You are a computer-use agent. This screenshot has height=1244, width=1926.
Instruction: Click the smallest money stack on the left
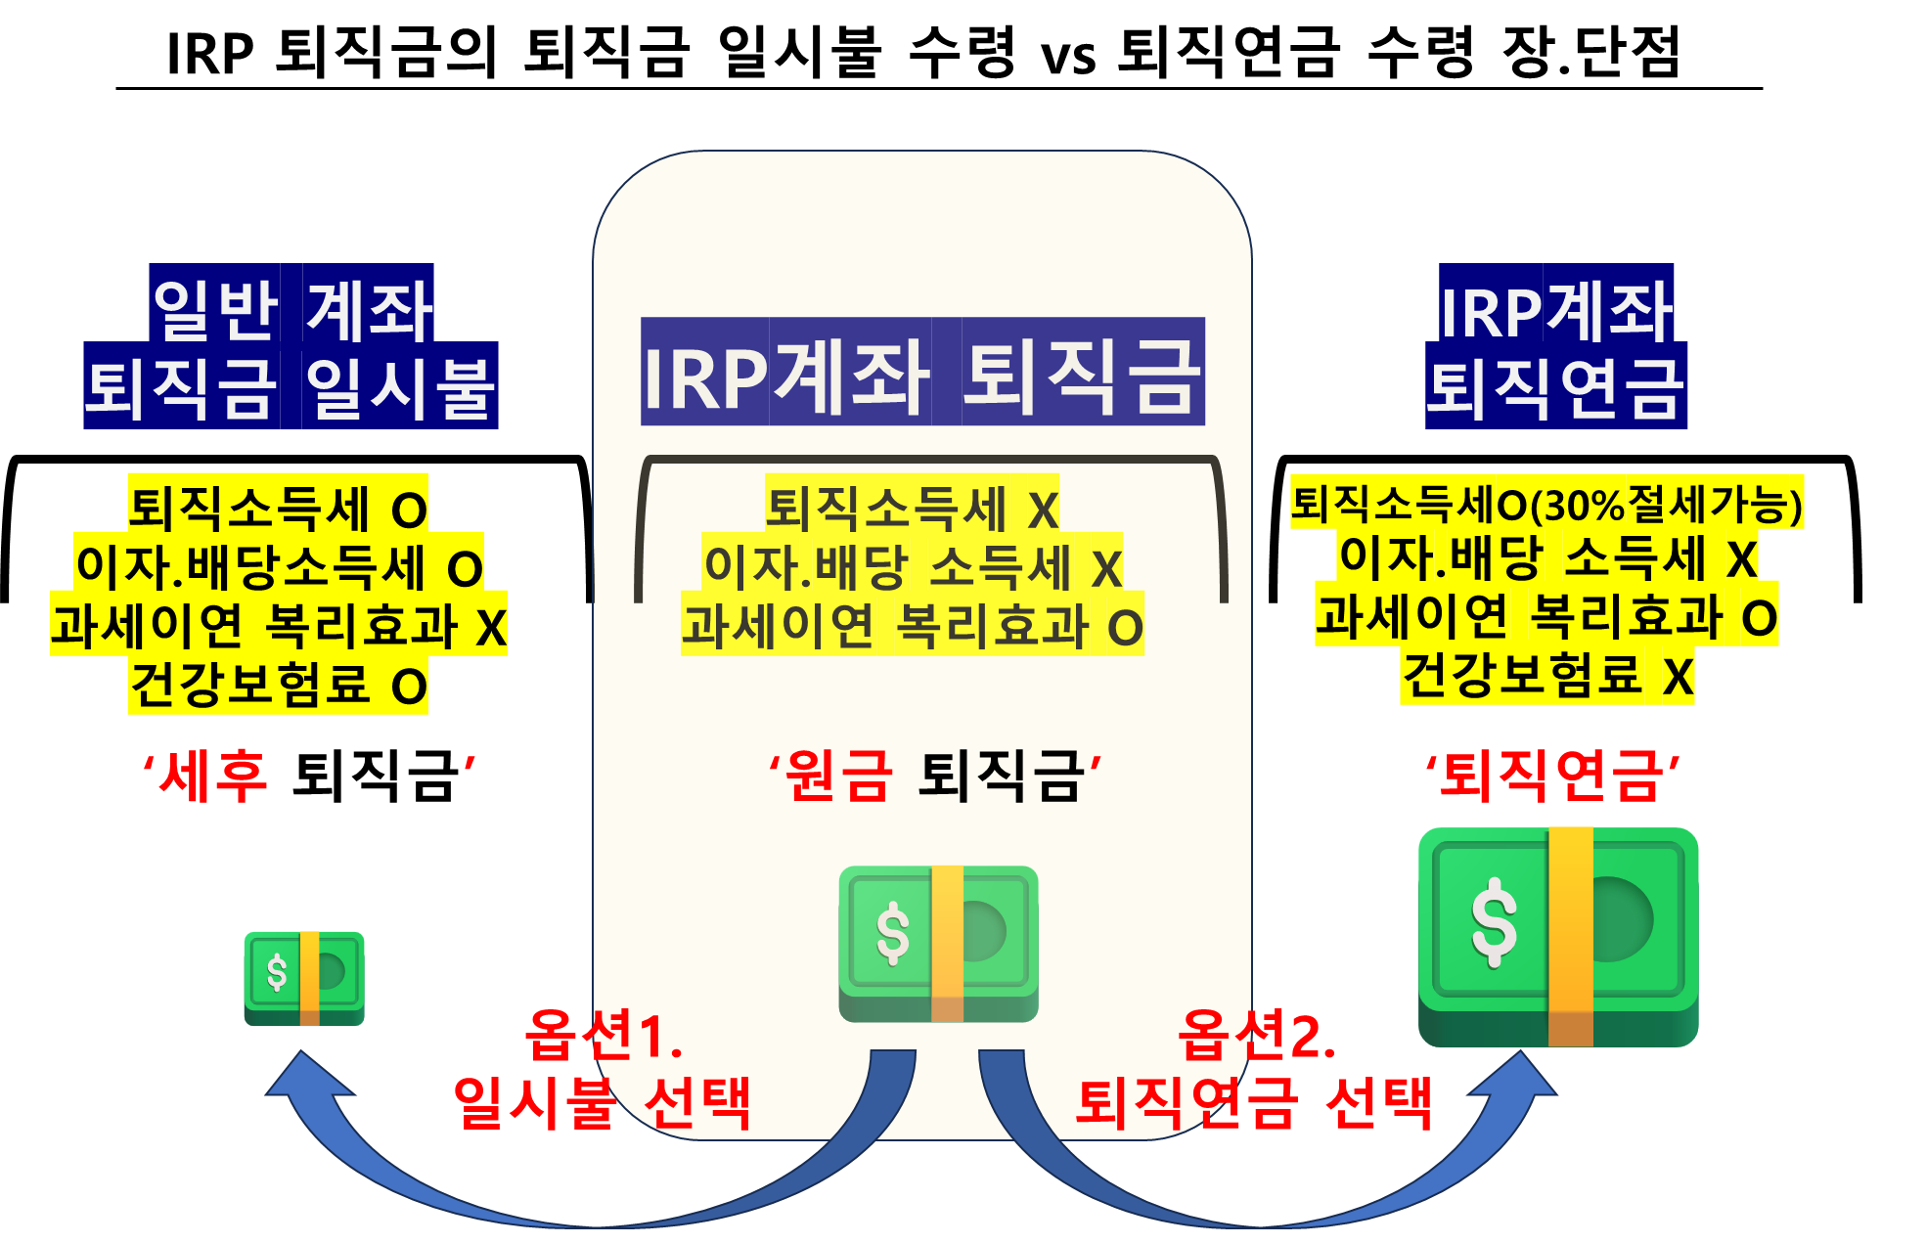point(304,978)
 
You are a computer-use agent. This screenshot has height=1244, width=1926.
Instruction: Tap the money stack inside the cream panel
point(938,944)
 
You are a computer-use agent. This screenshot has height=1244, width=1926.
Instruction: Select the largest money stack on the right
point(1558,937)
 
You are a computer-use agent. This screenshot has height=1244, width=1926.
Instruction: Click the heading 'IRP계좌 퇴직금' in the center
point(922,373)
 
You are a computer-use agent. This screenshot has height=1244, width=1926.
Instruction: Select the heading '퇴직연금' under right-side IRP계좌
point(1556,386)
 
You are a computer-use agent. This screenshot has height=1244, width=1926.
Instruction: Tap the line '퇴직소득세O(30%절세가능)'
point(1546,503)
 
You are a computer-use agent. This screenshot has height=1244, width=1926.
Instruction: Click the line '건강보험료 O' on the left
point(279,686)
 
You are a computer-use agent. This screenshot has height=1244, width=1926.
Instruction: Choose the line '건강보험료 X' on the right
point(1547,675)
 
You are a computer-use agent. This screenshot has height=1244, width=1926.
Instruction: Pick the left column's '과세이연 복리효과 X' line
point(279,626)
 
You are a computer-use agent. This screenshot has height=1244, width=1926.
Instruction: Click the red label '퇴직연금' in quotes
point(1552,776)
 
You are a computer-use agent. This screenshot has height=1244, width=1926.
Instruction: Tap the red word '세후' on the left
point(213,776)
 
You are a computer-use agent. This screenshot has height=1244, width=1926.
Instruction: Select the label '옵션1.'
point(605,1035)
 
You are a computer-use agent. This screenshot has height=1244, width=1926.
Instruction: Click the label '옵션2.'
point(1257,1035)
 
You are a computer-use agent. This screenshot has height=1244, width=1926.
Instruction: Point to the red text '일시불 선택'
point(603,1103)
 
